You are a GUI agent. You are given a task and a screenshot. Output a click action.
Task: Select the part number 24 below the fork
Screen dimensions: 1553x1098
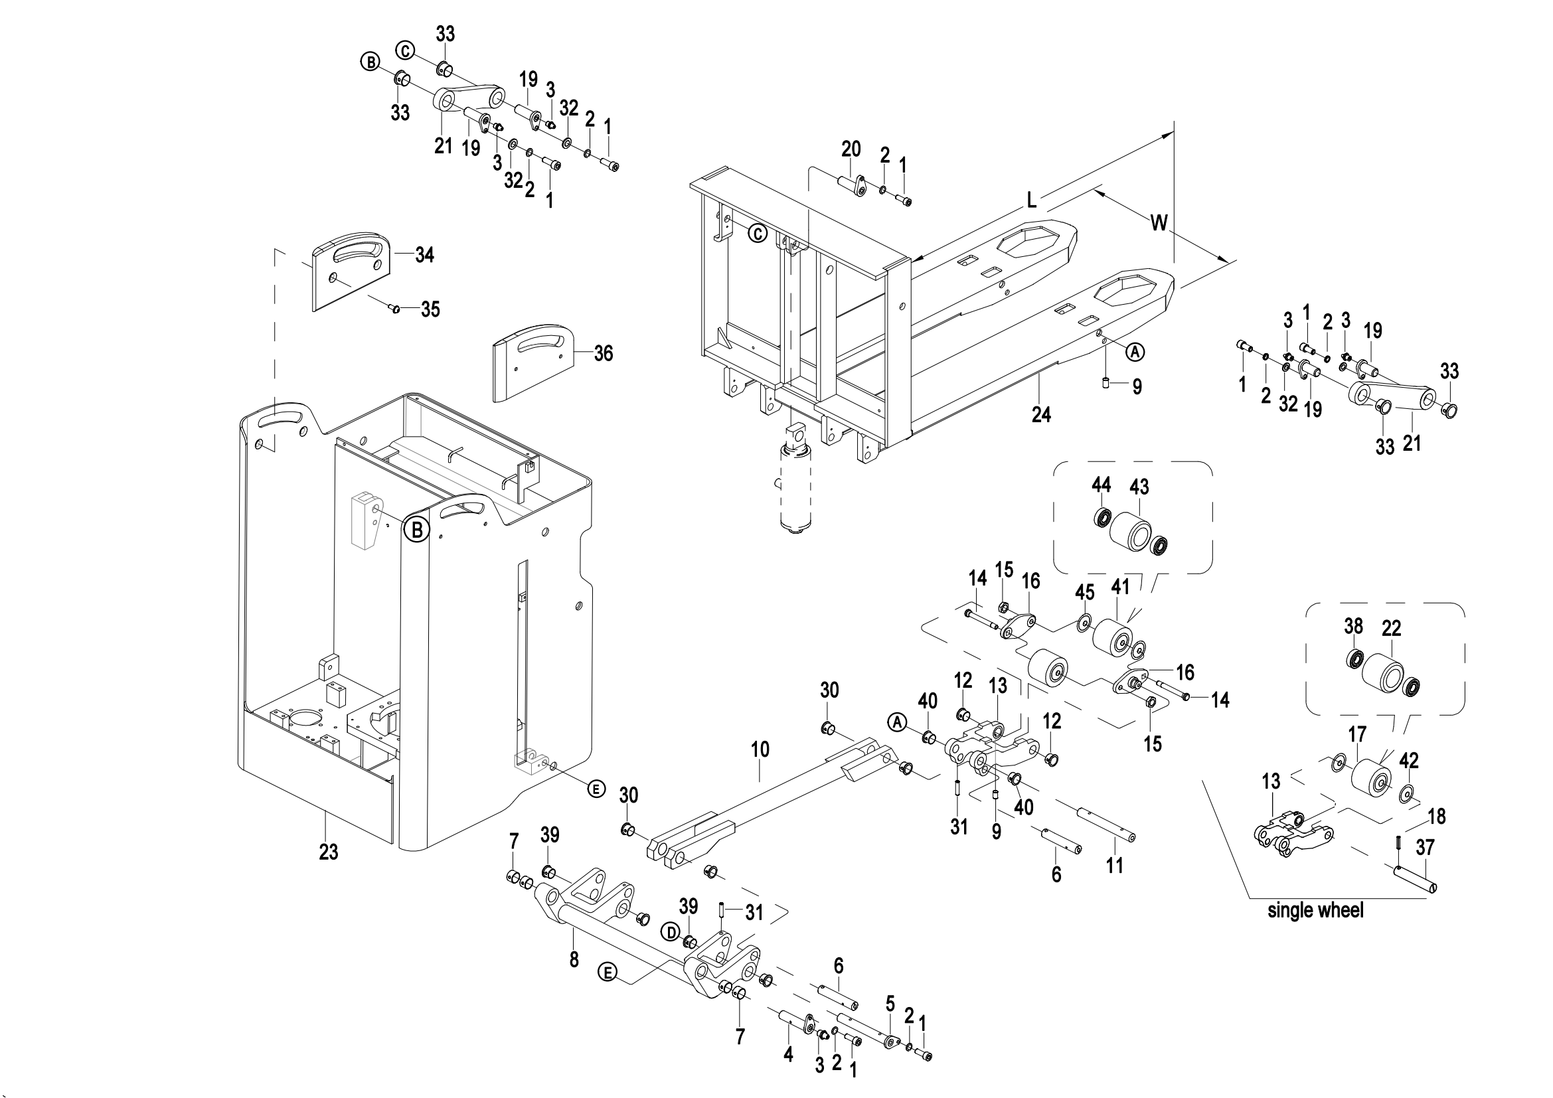pos(1041,414)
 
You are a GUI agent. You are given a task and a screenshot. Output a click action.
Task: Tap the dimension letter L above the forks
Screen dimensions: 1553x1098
pos(1032,200)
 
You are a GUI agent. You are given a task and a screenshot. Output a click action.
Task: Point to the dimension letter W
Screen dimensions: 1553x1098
pos(1159,222)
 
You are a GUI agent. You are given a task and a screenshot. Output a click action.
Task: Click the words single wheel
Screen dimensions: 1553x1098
pos(1315,911)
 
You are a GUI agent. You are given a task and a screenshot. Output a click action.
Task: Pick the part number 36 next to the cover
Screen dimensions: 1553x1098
pos(603,353)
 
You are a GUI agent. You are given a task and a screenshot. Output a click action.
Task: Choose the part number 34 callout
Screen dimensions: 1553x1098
pos(425,255)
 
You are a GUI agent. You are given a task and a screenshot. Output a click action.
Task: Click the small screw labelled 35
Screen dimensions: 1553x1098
pos(396,308)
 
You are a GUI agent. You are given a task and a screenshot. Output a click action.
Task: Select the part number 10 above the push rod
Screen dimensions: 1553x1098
pos(760,749)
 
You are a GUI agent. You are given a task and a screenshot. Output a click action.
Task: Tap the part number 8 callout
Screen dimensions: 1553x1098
pos(574,959)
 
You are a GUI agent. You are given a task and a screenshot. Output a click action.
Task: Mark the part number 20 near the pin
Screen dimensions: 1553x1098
pos(851,149)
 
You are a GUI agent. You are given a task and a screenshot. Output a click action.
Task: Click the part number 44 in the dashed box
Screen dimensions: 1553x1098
pos(1101,485)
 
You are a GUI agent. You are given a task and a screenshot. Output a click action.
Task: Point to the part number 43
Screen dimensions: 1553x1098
pos(1140,487)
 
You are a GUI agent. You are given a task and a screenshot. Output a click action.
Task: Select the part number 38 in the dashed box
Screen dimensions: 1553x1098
pos(1352,626)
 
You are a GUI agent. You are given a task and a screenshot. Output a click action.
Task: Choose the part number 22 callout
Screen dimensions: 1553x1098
pos(1392,629)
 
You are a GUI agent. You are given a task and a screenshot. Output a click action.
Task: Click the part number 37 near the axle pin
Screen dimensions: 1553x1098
pos(1425,847)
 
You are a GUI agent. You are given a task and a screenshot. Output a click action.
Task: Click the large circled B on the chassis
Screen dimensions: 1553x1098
pos(417,529)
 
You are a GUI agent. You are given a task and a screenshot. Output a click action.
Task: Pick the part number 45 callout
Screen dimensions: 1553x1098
pos(1084,592)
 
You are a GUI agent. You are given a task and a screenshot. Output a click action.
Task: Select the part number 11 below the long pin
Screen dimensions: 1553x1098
pos(1114,865)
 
